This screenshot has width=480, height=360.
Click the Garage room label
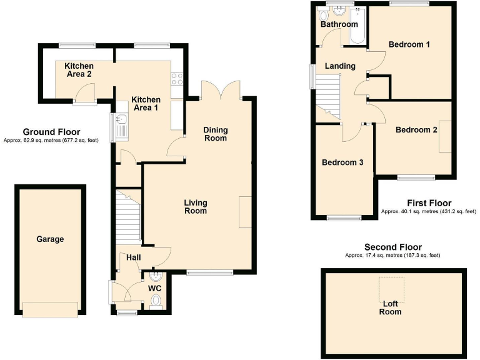coord(50,239)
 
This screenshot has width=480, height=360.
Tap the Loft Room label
coord(391,307)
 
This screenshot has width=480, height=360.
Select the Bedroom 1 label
coord(409,44)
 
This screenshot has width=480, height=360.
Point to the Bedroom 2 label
coord(416,130)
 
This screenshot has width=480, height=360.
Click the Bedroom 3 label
coord(342,162)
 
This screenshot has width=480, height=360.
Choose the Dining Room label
coord(216,134)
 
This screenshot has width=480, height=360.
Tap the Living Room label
coord(196,207)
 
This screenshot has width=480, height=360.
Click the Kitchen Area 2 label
coord(80,70)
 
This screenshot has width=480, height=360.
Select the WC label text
coord(155,288)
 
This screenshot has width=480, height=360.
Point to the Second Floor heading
coord(392,247)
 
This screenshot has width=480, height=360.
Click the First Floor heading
coord(429,203)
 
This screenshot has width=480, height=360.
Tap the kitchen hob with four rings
coord(177,78)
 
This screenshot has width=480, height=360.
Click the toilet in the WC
coord(156,303)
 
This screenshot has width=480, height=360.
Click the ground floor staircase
coord(129,219)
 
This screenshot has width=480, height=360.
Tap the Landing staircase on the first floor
coord(327,94)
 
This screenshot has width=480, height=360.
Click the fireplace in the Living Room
coord(246,212)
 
